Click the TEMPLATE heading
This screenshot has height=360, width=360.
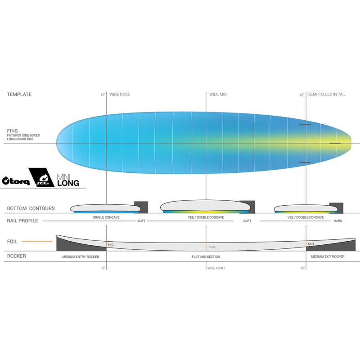coord(19,94)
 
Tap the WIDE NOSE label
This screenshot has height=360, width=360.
coord(120,94)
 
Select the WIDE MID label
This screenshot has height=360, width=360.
coord(218,94)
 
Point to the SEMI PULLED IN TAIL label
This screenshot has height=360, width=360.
coord(327,94)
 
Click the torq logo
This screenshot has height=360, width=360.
coord(16,181)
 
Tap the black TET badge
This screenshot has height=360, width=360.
coord(41,177)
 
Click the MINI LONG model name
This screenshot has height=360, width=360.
coord(68,180)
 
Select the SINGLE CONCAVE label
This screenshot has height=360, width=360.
coord(106,217)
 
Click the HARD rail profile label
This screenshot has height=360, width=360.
coord(338,221)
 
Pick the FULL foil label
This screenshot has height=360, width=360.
coord(212,247)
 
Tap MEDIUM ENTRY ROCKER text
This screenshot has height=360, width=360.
coord(81,256)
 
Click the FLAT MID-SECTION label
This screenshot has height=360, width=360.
coord(206,256)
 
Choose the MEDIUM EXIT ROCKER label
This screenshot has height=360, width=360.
coord(328,256)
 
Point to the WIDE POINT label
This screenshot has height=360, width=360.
coord(216,268)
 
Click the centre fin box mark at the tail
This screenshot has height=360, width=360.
coord(335,143)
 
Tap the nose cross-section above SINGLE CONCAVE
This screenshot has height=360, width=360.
coord(106,208)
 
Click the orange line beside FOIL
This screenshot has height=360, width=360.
coord(37,242)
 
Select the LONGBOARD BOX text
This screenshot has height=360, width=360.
coord(20,139)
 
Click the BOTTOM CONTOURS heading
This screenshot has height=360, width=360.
coord(31,208)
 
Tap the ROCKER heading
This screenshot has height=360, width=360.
coord(17,256)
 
